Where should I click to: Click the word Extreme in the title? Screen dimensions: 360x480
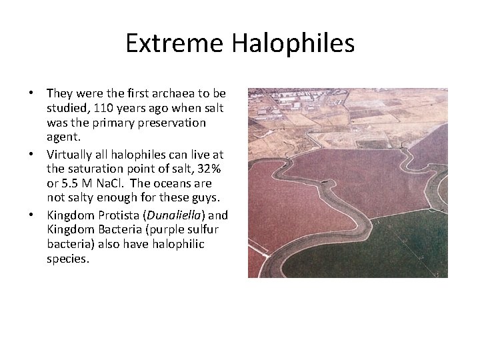(174, 44)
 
